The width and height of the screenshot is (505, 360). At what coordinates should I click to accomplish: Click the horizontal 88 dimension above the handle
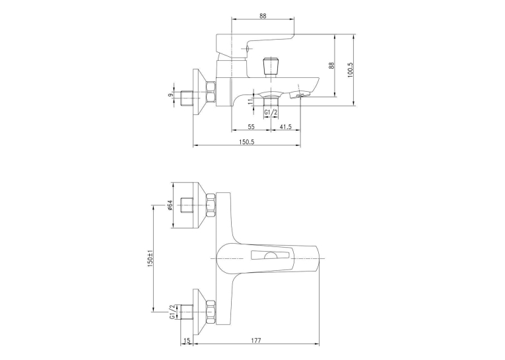pos(263,16)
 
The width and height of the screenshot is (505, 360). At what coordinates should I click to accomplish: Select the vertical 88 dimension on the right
pos(331,65)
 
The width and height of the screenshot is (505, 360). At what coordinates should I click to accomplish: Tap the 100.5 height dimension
pos(351,69)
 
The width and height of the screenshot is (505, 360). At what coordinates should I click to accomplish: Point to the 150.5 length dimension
pos(247,142)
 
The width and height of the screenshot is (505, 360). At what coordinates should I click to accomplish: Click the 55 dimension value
pos(252,127)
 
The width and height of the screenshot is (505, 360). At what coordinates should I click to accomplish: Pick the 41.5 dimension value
pos(285,127)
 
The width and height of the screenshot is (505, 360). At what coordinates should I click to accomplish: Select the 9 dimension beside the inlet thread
pos(171,94)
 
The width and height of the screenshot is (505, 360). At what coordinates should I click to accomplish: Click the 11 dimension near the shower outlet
pos(250,101)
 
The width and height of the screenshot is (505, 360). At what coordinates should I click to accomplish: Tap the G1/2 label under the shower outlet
pos(271,112)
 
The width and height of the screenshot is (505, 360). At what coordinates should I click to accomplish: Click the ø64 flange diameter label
pos(170,205)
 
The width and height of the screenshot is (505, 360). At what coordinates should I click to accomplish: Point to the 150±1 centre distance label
pos(149,258)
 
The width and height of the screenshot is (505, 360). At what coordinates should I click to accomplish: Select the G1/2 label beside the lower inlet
pos(172,312)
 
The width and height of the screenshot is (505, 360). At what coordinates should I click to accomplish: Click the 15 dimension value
pos(187,340)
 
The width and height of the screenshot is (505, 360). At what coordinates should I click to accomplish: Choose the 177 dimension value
pos(257,340)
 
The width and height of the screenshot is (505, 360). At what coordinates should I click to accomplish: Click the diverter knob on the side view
pos(270,65)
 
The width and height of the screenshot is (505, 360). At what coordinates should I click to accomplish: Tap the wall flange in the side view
pos(199,92)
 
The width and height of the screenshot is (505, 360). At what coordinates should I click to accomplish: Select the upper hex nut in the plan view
pos(211,205)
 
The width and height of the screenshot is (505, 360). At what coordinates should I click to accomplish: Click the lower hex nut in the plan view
pos(211,312)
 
